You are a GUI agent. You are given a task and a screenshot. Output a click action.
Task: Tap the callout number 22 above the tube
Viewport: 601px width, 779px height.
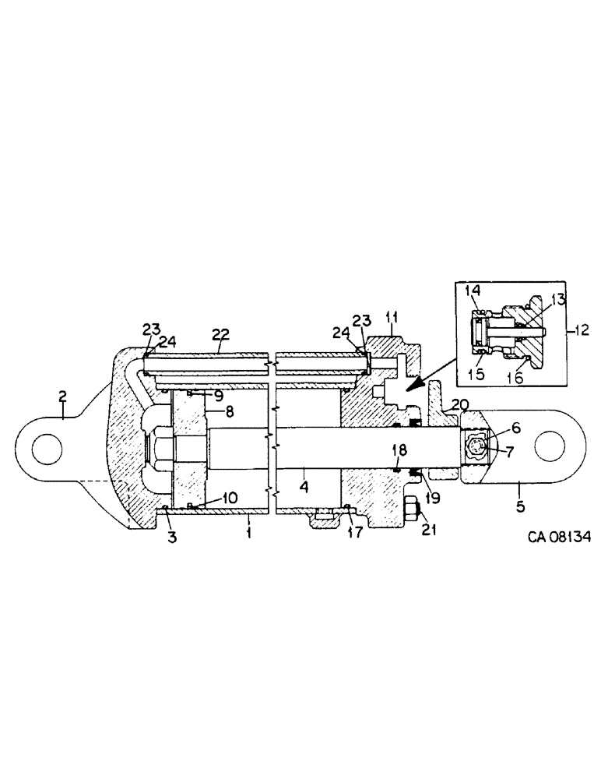(x=220, y=333)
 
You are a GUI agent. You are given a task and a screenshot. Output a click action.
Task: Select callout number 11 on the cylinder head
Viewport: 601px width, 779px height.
(x=392, y=318)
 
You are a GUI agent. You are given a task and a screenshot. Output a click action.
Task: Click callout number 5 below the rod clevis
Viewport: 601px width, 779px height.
(x=520, y=506)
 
